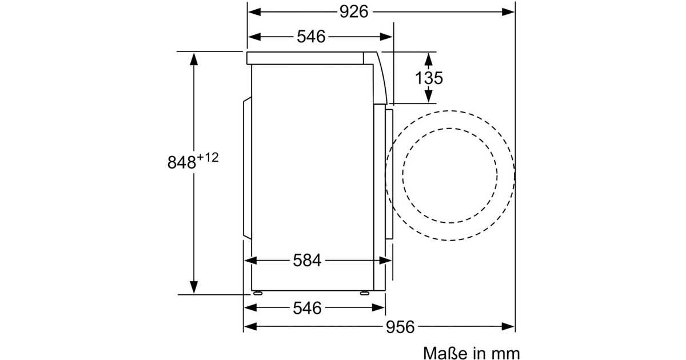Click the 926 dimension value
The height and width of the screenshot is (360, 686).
(354, 12)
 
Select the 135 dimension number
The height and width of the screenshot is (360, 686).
(429, 78)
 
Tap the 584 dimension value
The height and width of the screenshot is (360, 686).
(307, 261)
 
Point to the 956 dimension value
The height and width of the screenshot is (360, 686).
(400, 327)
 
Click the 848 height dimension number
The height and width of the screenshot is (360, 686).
(182, 162)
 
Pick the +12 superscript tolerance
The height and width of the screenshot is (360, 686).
(208, 158)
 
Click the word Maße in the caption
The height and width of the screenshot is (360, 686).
(447, 353)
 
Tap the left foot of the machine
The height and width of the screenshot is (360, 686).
(258, 293)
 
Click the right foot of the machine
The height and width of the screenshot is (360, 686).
(365, 293)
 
